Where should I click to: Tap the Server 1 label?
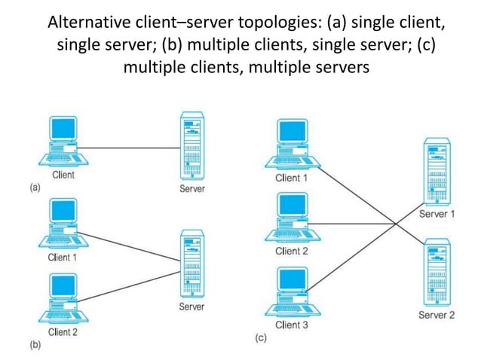437,214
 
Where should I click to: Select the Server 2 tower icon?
437,272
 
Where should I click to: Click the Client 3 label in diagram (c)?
292,325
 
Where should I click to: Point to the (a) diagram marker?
35,188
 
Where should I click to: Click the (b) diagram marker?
35,345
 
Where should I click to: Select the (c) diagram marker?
261,338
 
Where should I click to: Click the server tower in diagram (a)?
192,145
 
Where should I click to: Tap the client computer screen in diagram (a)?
63,128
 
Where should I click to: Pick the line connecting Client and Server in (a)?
128,148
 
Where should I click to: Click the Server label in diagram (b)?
191,307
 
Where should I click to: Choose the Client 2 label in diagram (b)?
63,332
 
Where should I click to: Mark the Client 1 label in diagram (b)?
63,258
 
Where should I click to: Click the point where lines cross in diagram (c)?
395,224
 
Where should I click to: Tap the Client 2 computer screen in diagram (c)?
293,205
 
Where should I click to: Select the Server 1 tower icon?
437,171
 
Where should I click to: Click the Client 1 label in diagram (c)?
292,178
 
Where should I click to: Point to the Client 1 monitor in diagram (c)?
293,131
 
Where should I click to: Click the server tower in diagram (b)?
192,264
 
